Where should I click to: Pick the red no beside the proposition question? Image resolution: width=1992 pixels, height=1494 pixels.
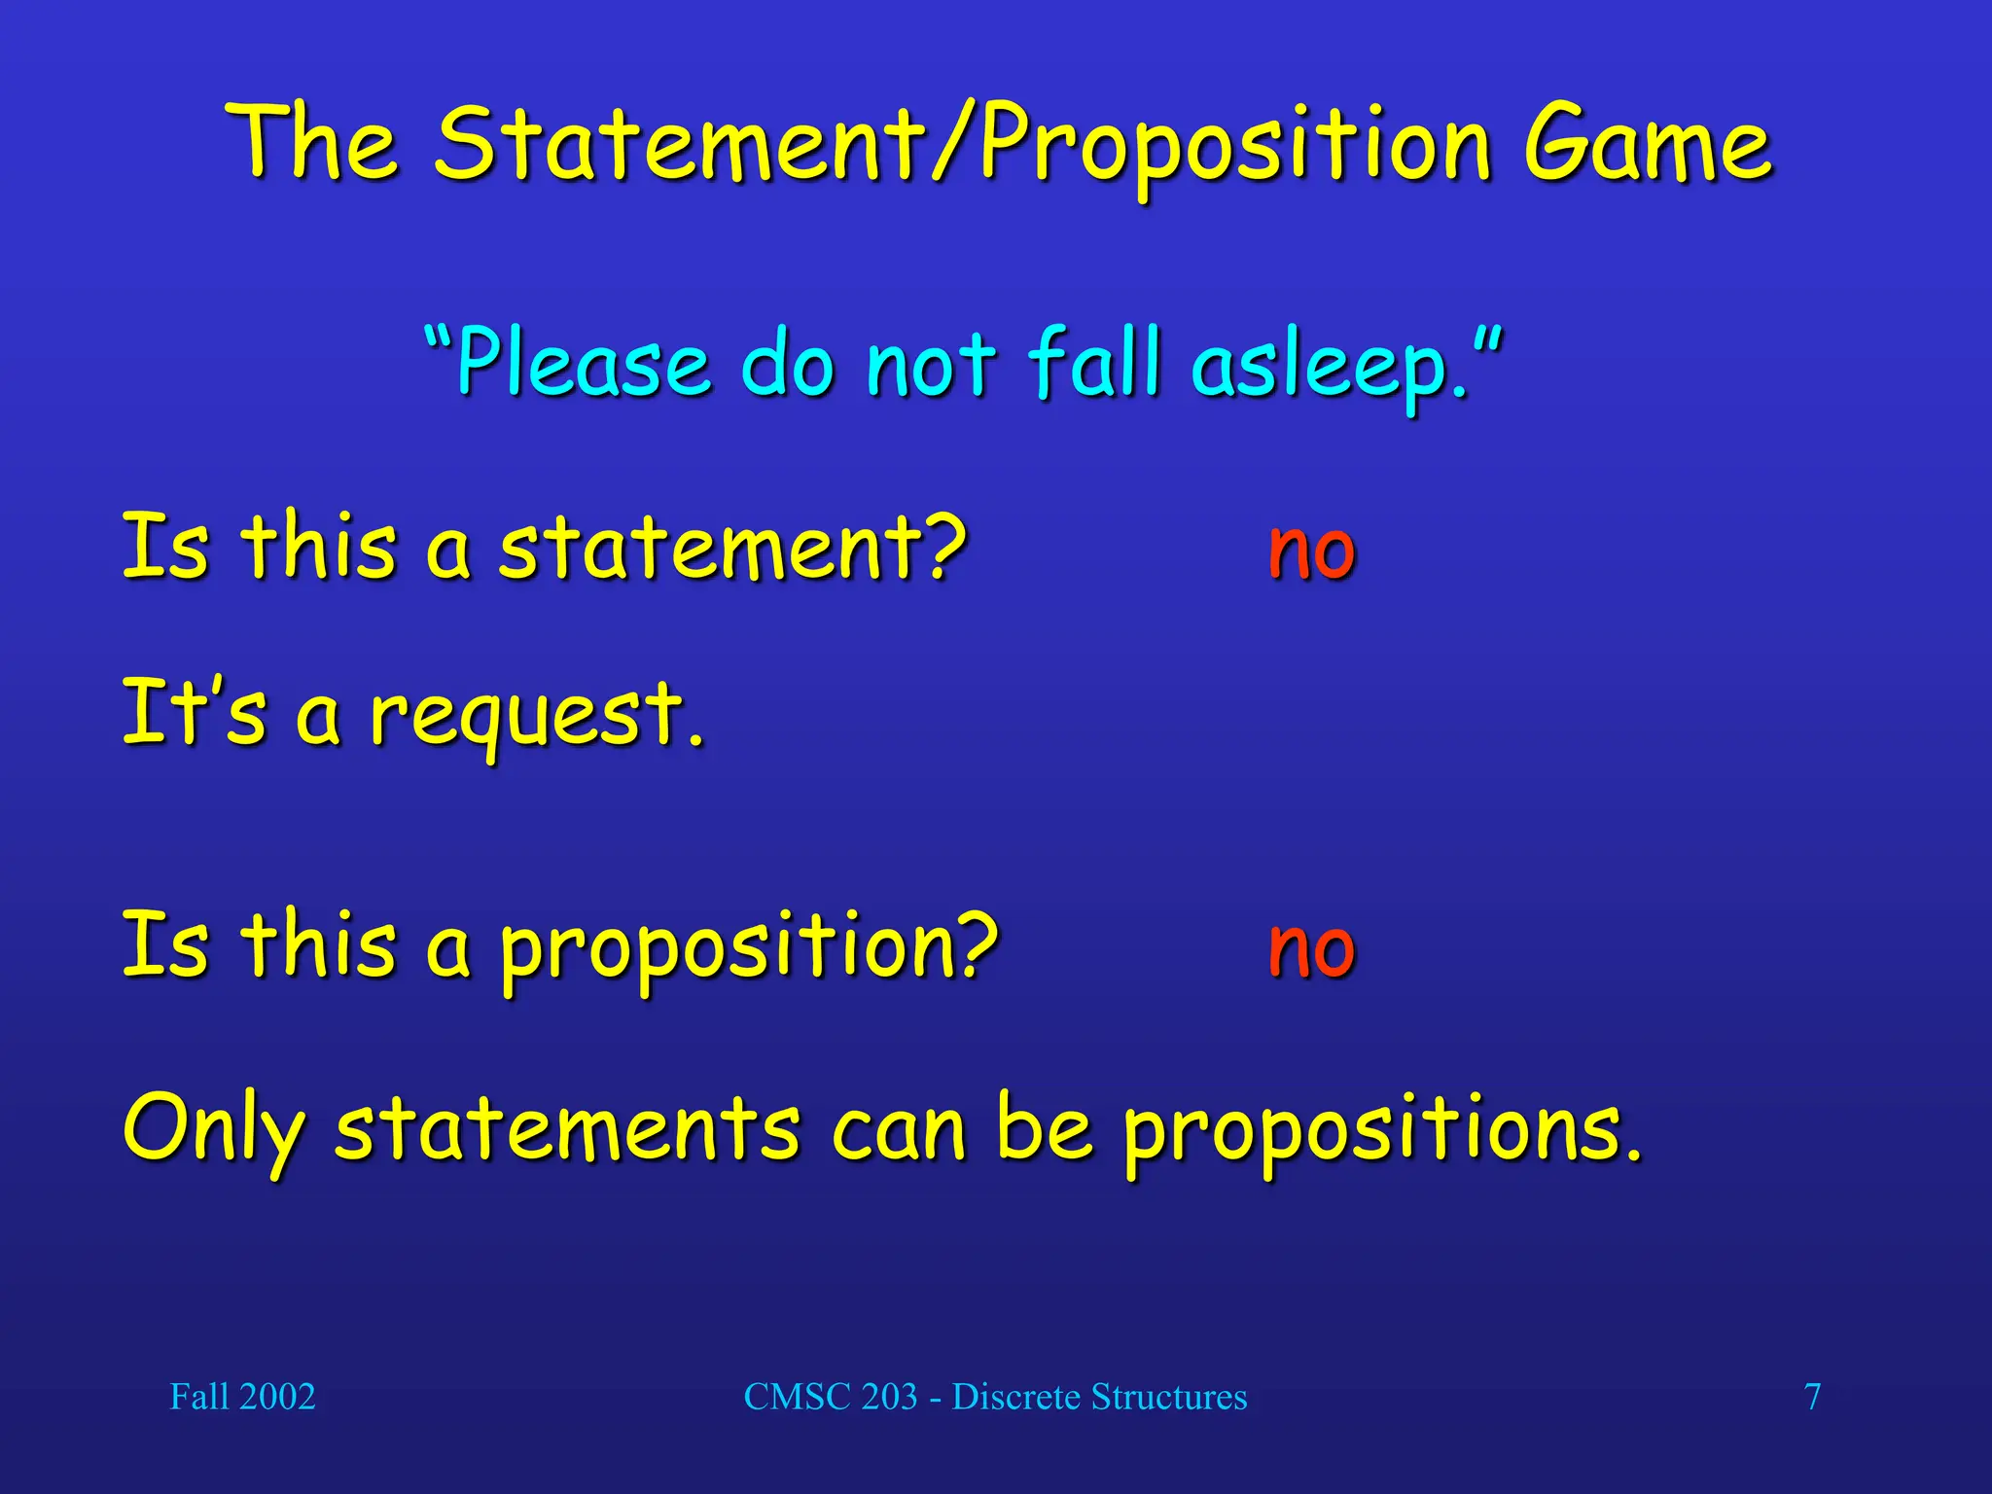click(1311, 948)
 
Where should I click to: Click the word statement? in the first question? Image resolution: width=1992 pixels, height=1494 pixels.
click(732, 548)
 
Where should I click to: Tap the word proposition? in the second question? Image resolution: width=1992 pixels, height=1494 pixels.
click(749, 948)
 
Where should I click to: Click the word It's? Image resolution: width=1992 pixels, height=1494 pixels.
click(194, 711)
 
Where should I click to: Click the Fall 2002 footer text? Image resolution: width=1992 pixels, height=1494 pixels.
click(242, 1397)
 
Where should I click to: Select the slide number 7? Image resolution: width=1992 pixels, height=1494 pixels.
click(1812, 1397)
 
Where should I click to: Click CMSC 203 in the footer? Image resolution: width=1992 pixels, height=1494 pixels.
click(831, 1397)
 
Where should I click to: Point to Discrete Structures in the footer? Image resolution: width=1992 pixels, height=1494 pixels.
click(1099, 1397)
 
